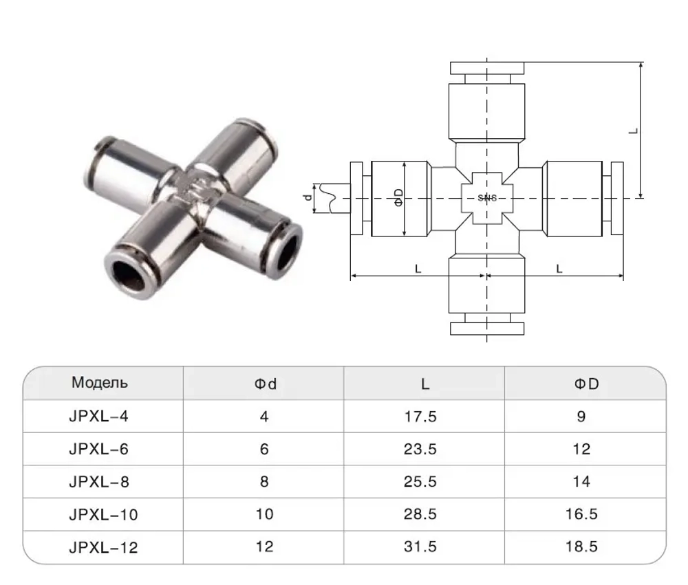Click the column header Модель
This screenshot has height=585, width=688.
100,383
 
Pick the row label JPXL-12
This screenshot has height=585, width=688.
103,547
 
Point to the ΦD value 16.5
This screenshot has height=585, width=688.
581,514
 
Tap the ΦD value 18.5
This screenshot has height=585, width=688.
581,547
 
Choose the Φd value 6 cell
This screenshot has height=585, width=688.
264,449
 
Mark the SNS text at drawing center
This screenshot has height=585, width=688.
487,198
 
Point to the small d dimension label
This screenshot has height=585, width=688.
308,197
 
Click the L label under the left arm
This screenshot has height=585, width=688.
418,269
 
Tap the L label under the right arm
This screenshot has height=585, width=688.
559,269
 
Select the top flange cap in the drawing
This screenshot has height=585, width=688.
488,68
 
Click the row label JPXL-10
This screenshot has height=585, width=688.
103,514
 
